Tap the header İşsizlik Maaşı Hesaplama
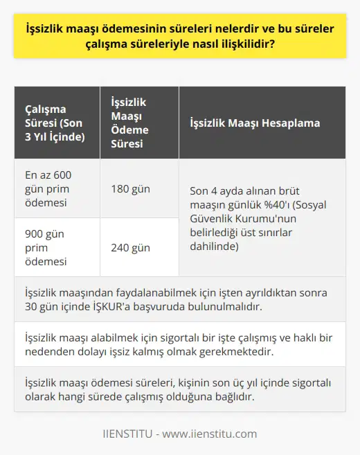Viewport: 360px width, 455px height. coord(254,123)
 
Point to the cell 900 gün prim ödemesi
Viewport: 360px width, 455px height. coord(46,247)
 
